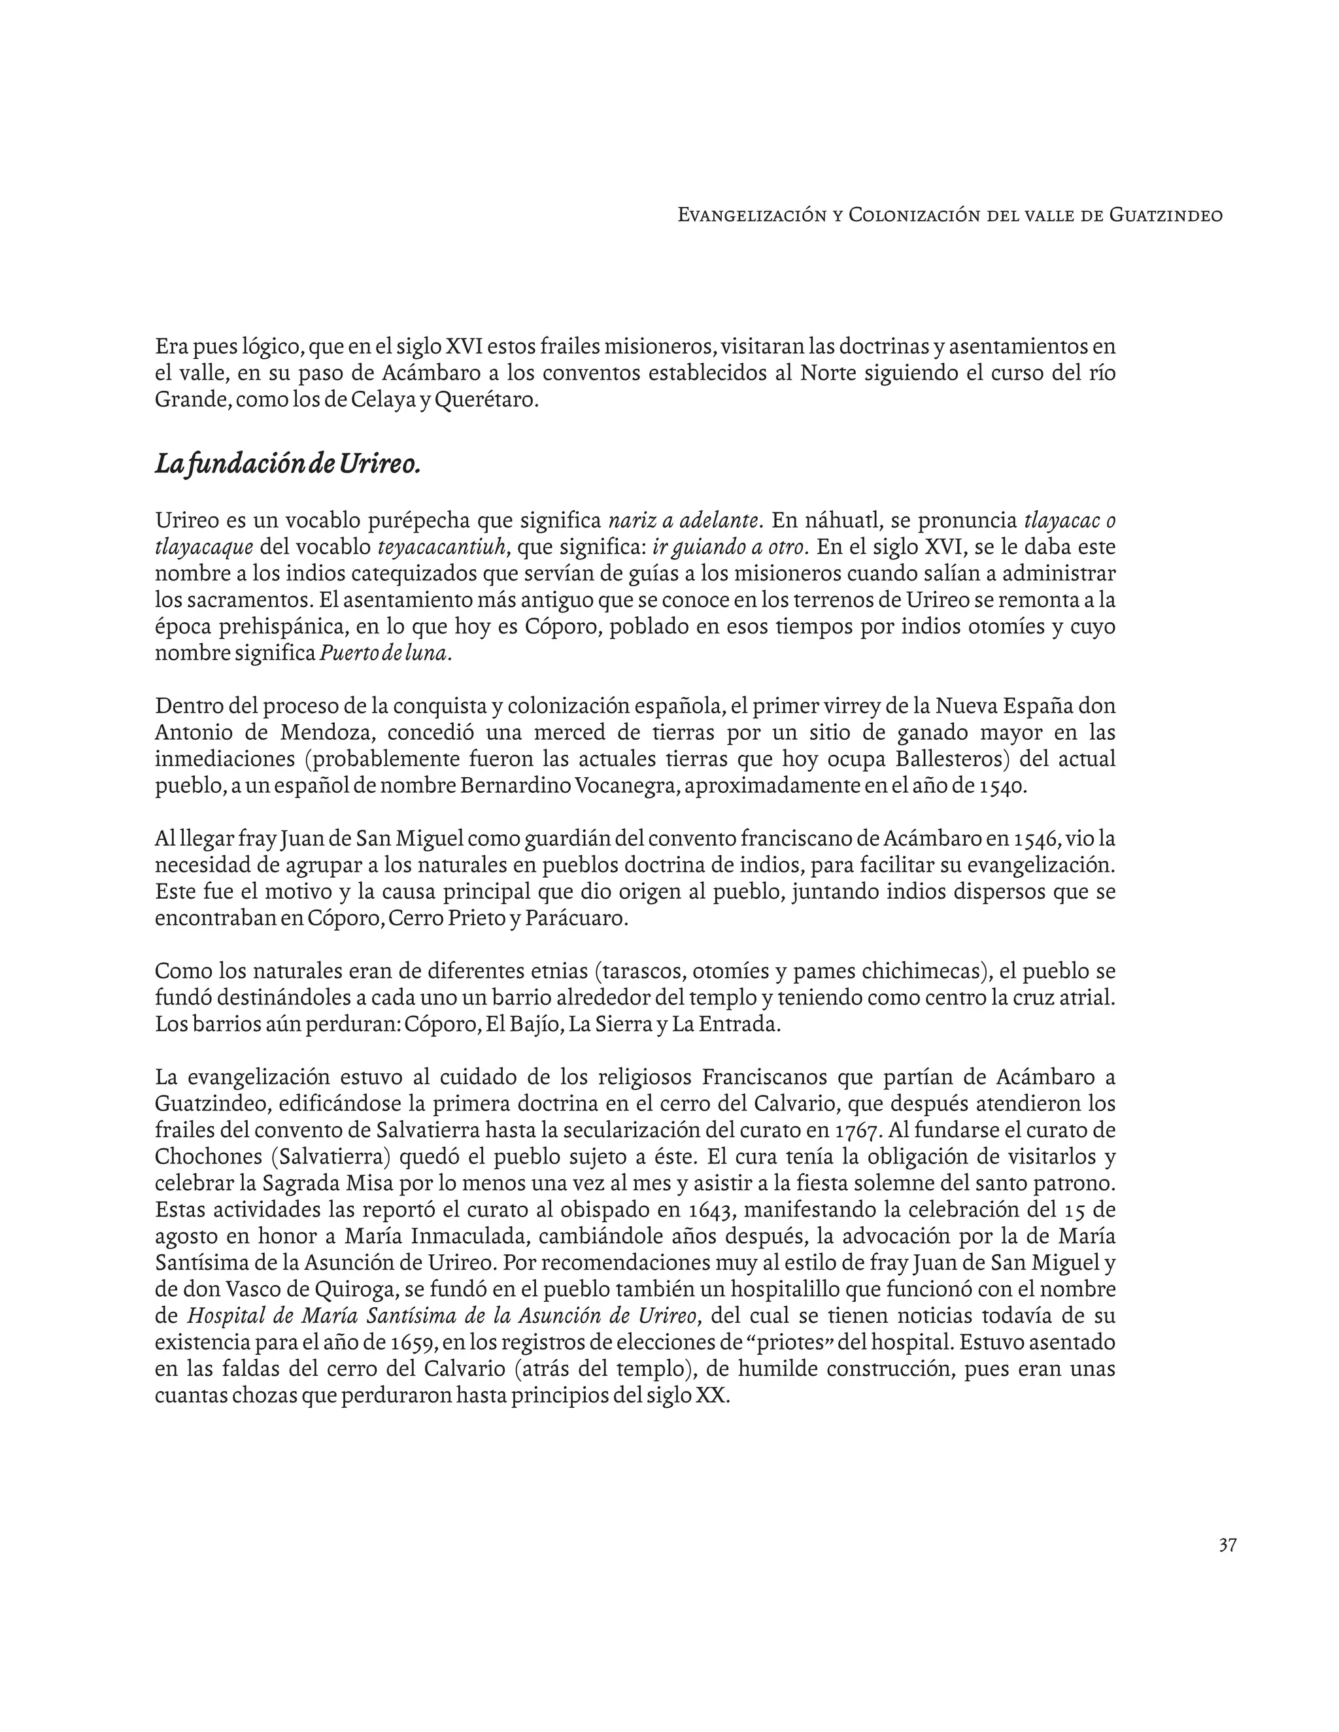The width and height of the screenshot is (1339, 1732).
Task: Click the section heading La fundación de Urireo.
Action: coord(287,464)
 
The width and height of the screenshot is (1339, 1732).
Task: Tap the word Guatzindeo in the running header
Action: coord(1165,215)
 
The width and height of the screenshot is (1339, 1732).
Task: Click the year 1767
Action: coord(859,1130)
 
